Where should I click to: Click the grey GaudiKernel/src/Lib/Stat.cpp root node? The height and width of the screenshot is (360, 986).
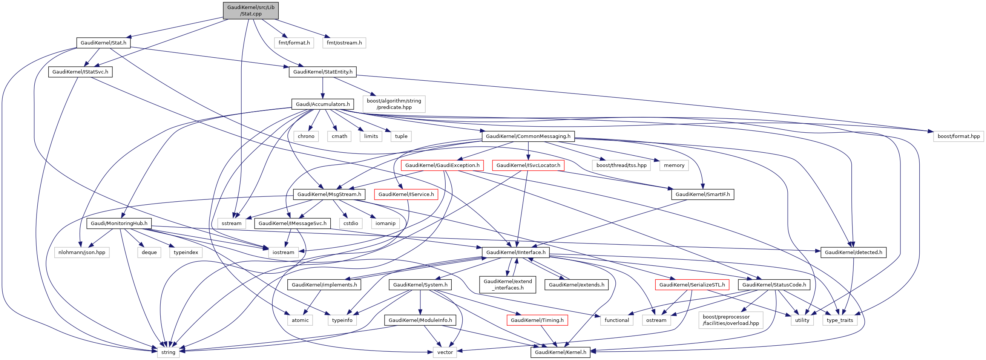coord(251,10)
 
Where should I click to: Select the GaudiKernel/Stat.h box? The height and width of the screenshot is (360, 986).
coord(103,43)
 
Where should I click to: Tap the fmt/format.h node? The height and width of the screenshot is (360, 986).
coord(294,43)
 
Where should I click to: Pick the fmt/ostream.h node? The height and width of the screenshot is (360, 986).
coord(344,43)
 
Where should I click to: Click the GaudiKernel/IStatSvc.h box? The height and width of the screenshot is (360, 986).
coord(80,72)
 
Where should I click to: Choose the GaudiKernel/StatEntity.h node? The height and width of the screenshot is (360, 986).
coord(323,72)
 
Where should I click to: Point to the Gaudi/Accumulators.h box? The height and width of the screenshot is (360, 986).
coord(323,104)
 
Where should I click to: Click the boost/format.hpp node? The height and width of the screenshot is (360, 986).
coord(958,136)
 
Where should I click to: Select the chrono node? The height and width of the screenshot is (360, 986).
coord(306,136)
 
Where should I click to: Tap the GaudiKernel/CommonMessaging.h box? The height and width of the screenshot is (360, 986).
coord(528,136)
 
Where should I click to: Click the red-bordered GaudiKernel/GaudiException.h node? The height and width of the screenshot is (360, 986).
coord(442,165)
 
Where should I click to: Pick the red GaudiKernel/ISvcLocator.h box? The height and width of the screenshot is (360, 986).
coord(528,165)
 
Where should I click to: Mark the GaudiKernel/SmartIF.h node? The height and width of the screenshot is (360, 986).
coord(702,195)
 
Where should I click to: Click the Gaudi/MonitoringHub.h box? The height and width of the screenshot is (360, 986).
coord(119,224)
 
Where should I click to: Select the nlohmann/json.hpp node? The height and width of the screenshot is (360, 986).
coord(81,253)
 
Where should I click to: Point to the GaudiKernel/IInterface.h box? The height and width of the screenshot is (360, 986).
coord(516,253)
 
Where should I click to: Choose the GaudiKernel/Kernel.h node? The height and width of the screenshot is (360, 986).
coord(560,352)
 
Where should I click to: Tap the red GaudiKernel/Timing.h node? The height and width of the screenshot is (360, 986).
coord(537,320)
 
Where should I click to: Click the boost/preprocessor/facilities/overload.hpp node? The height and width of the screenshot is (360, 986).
coord(731,320)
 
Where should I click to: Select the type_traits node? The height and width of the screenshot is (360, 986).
coord(840,320)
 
